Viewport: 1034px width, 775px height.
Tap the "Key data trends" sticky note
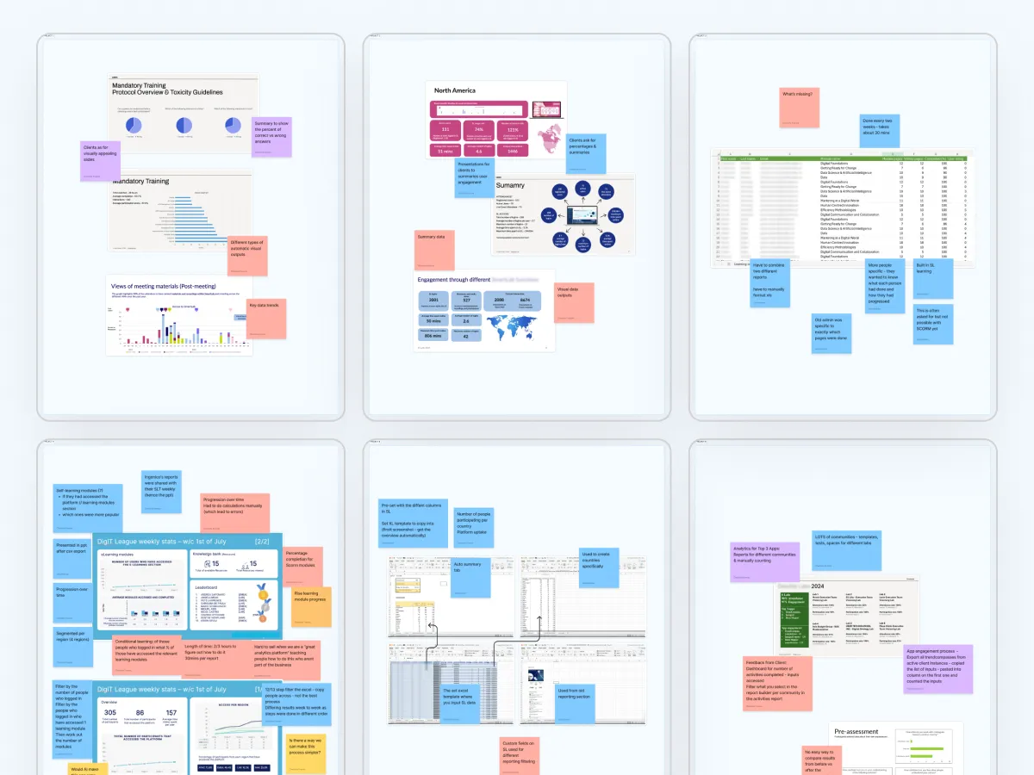point(266,318)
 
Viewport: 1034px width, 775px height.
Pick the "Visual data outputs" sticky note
point(574,302)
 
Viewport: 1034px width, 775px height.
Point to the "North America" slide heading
point(455,90)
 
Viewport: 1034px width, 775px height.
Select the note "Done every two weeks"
point(880,135)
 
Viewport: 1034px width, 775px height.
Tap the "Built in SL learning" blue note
point(933,278)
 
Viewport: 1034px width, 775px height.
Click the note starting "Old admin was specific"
point(832,332)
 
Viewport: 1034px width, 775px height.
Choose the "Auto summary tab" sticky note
point(470,578)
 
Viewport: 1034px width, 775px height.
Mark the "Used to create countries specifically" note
point(599,569)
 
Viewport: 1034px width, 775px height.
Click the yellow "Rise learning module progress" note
point(312,607)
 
